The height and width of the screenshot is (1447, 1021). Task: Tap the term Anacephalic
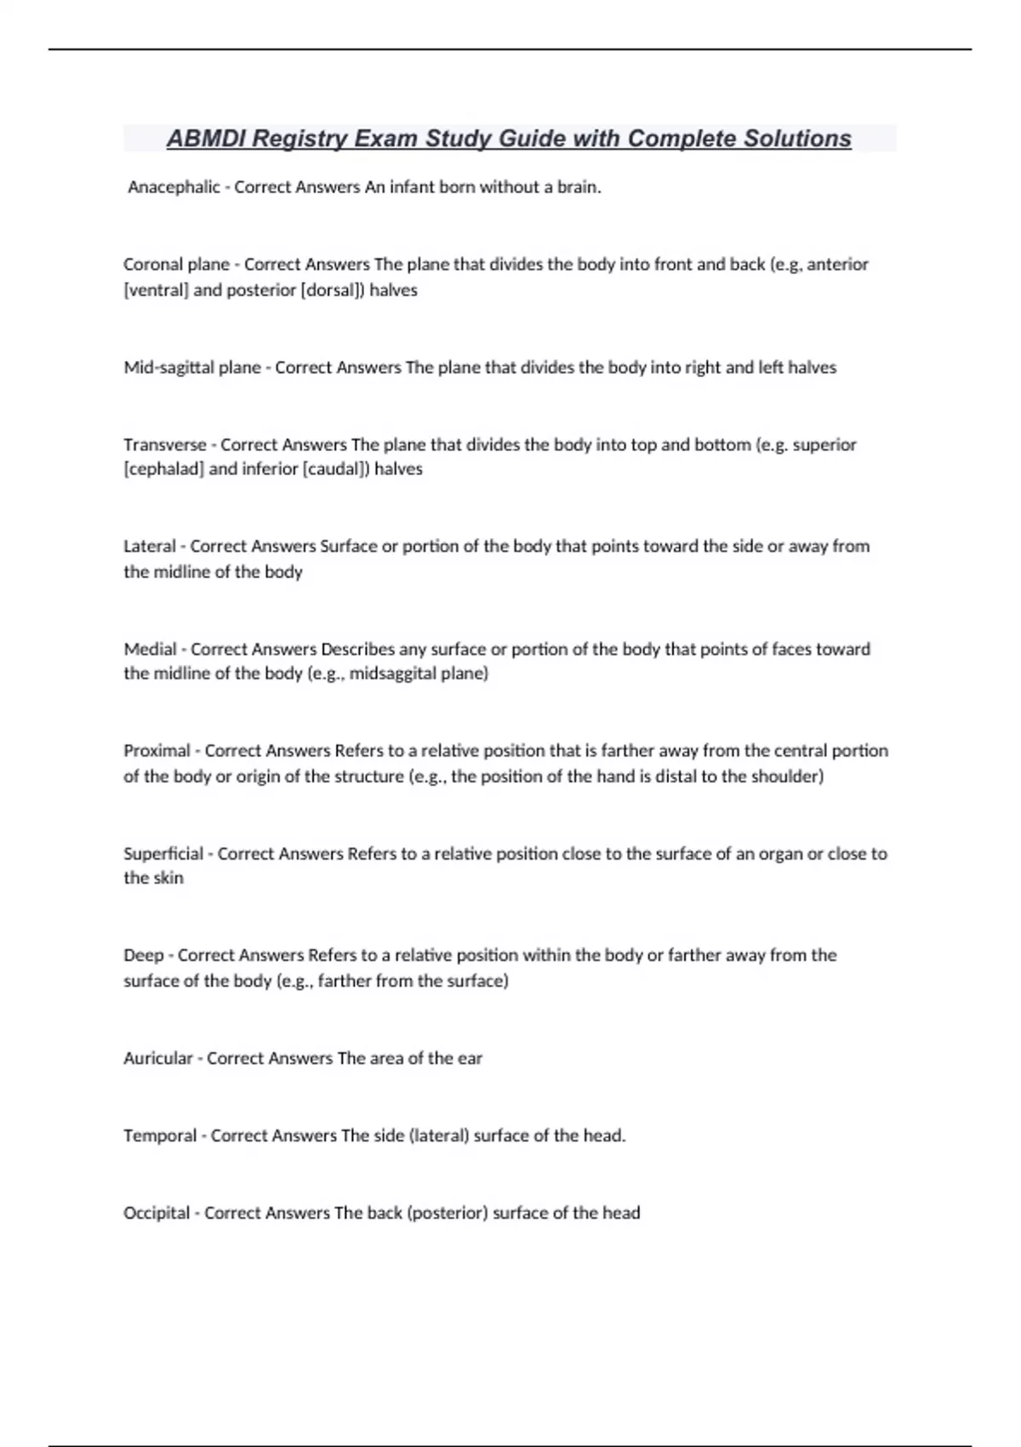174,187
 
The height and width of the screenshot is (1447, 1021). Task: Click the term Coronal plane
176,265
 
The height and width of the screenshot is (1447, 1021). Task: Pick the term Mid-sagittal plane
192,368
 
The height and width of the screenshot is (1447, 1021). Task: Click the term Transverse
165,444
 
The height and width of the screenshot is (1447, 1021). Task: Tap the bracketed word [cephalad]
163,469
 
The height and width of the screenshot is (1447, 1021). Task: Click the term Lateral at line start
149,546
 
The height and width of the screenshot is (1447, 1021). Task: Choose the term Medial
150,649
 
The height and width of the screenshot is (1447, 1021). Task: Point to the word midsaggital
392,674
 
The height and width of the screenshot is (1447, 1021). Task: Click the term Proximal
157,751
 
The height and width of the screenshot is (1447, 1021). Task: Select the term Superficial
163,854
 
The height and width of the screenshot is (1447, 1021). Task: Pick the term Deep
143,956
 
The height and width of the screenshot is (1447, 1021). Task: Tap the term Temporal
160,1136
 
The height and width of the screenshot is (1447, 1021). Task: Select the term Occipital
157,1213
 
